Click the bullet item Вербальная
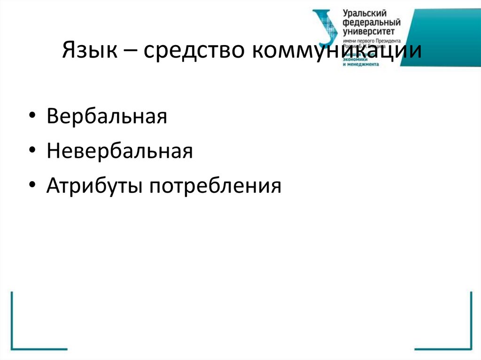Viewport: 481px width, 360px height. click(107, 116)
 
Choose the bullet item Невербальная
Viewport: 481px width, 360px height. click(120, 151)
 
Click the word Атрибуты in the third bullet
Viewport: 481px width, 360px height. click(95, 186)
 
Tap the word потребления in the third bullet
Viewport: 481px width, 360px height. click(216, 186)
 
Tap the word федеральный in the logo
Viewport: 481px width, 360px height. click(372, 23)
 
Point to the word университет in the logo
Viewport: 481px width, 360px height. click(369, 31)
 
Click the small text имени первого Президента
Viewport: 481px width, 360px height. click(372, 41)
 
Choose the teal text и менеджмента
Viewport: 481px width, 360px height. click(361, 63)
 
